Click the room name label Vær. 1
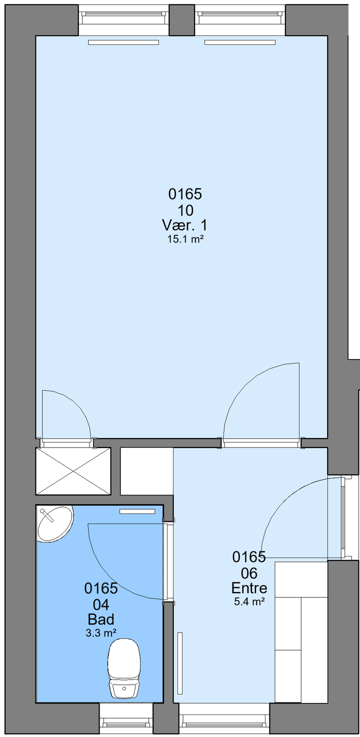click(x=184, y=225)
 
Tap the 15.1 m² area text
click(x=184, y=239)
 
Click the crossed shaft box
click(x=73, y=470)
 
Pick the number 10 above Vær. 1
click(x=185, y=210)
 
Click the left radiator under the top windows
click(x=123, y=42)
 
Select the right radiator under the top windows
click(x=240, y=42)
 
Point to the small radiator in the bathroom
click(x=137, y=511)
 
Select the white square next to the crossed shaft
click(x=147, y=470)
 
